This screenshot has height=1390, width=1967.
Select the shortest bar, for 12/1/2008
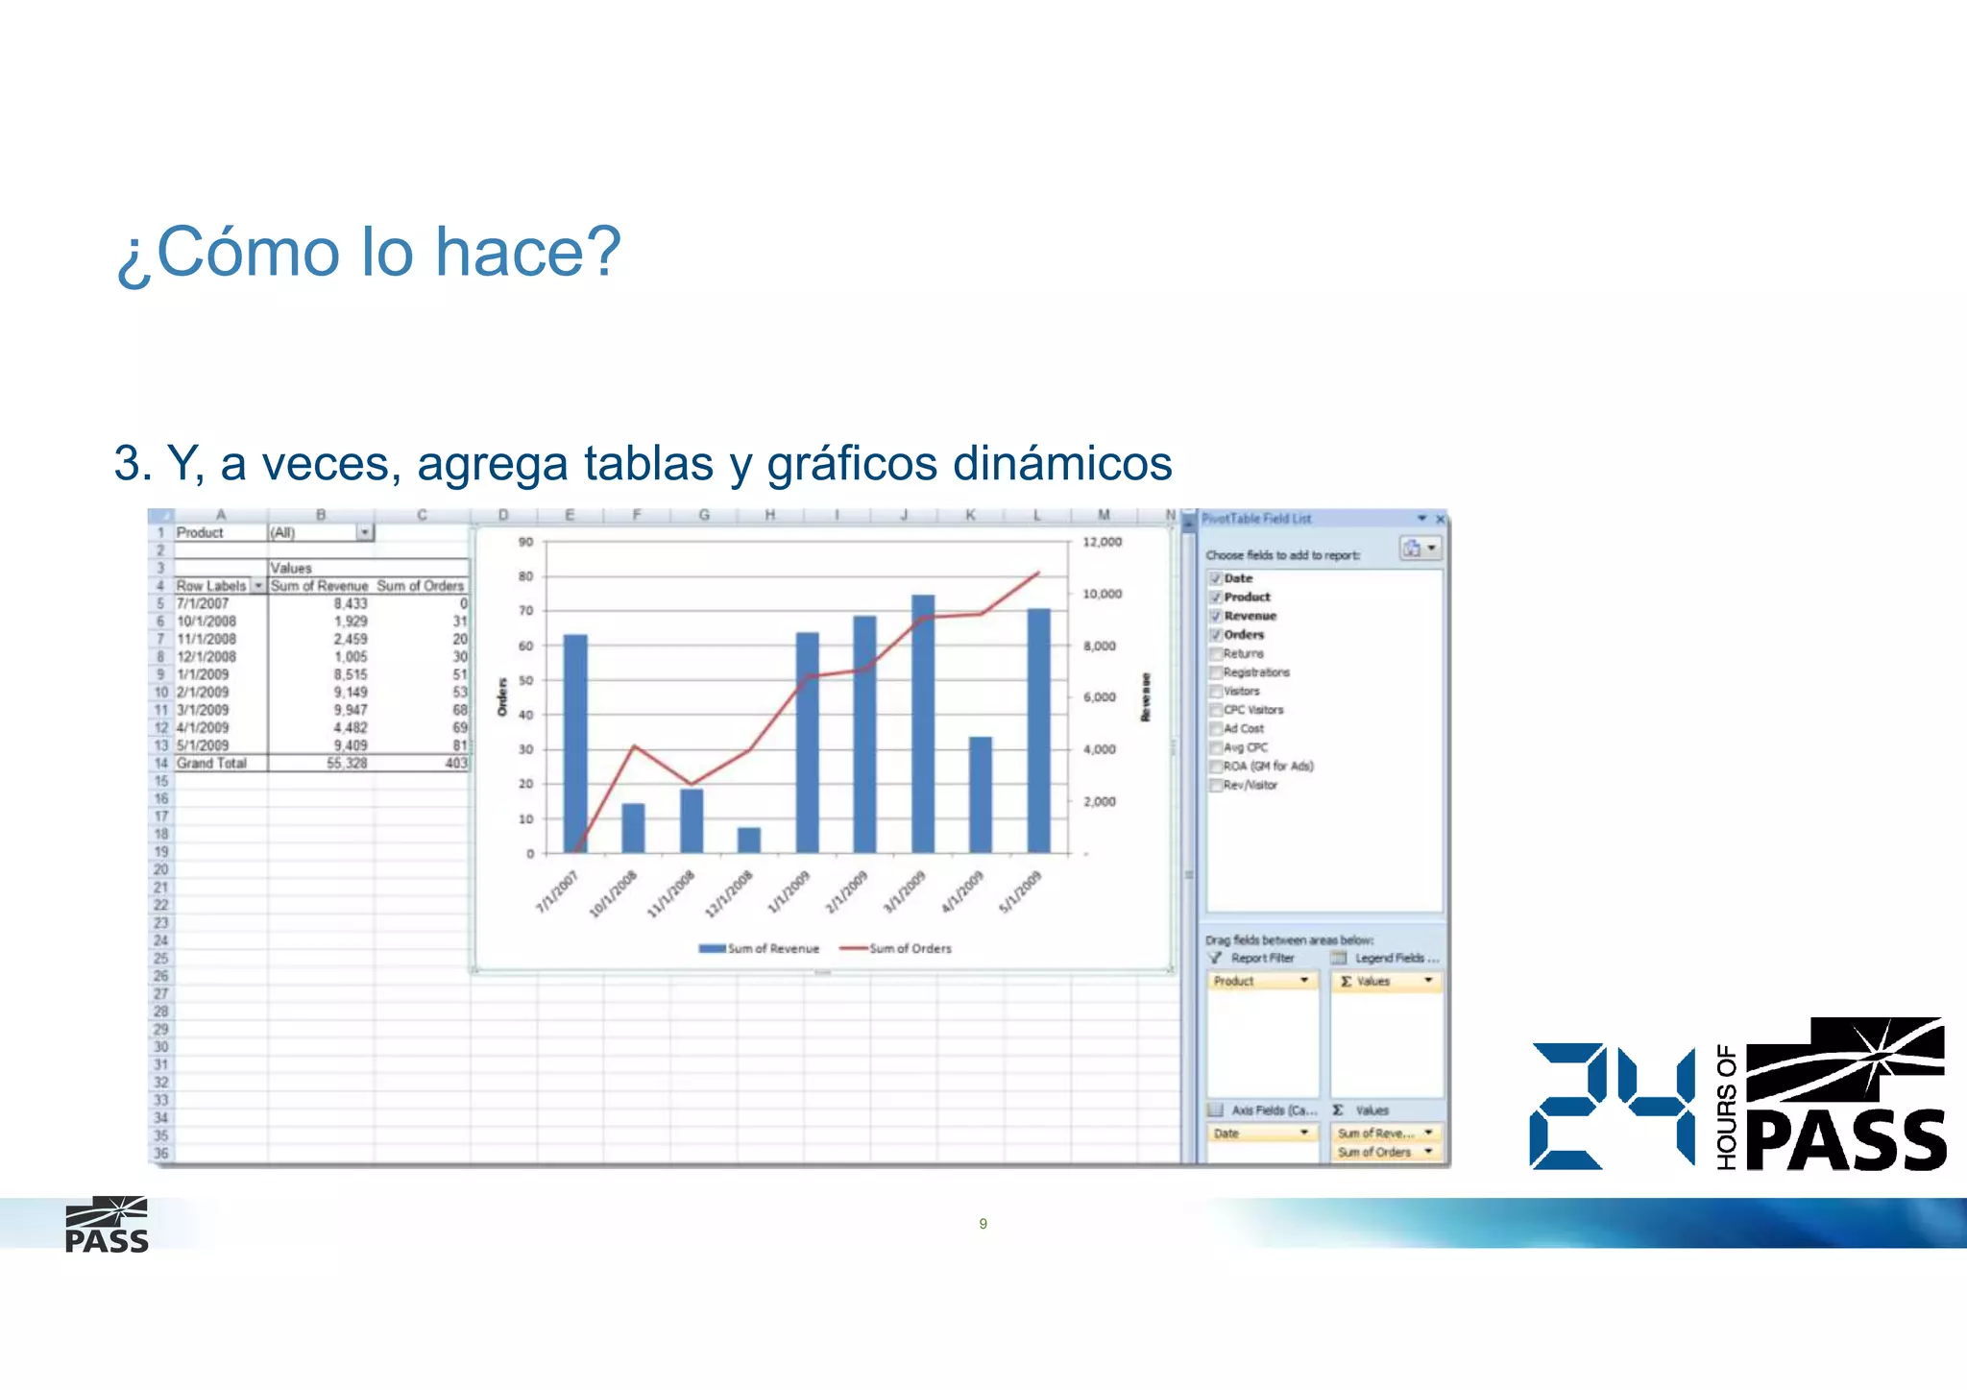tap(749, 840)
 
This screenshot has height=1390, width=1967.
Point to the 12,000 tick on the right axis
tap(1102, 542)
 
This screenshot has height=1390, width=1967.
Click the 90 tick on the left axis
tap(525, 542)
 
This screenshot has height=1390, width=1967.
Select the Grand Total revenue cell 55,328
tap(347, 763)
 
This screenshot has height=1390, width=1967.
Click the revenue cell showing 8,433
tap(350, 603)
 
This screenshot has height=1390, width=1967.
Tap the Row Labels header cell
tap(211, 585)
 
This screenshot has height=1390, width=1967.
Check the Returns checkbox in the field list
tap(1216, 653)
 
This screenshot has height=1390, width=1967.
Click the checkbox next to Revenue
tap(1216, 616)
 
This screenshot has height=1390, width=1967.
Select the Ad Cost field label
tap(1244, 728)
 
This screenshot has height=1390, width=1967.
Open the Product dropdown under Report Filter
tap(1303, 981)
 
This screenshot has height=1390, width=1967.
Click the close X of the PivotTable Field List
tap(1440, 519)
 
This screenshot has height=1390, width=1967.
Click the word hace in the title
tap(527, 252)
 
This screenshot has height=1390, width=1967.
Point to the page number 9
tap(983, 1223)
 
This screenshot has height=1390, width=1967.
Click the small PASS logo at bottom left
tap(107, 1225)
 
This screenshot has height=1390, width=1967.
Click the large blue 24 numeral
tap(1612, 1107)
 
